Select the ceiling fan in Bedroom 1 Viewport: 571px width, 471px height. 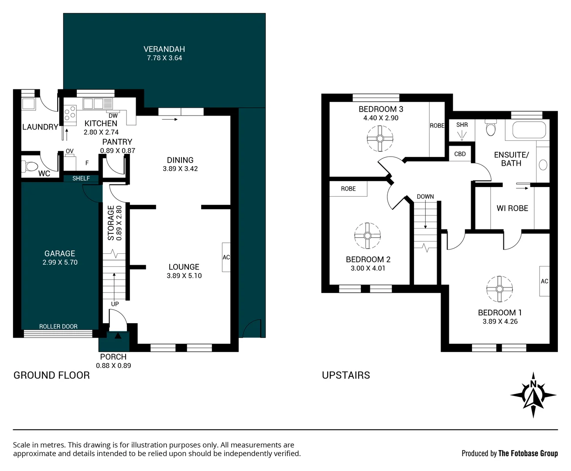(x=499, y=289)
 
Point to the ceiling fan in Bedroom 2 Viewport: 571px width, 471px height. (x=367, y=235)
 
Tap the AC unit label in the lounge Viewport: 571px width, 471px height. (x=226, y=257)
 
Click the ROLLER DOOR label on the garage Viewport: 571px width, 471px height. (x=58, y=326)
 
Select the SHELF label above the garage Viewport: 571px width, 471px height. (x=81, y=178)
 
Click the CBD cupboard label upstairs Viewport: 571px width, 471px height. (x=460, y=154)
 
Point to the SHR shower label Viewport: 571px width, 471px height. (x=462, y=125)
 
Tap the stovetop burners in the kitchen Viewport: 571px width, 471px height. (x=70, y=113)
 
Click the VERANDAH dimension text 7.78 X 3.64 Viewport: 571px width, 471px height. (x=164, y=58)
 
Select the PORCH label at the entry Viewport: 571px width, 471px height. (x=113, y=357)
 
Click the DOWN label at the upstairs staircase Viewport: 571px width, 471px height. (x=425, y=197)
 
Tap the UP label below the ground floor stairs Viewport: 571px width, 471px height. (x=115, y=304)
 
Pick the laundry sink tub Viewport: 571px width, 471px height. (x=29, y=104)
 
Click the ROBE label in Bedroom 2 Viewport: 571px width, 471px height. (x=348, y=189)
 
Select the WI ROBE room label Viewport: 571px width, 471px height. (x=512, y=208)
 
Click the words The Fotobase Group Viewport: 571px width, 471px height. (x=528, y=454)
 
